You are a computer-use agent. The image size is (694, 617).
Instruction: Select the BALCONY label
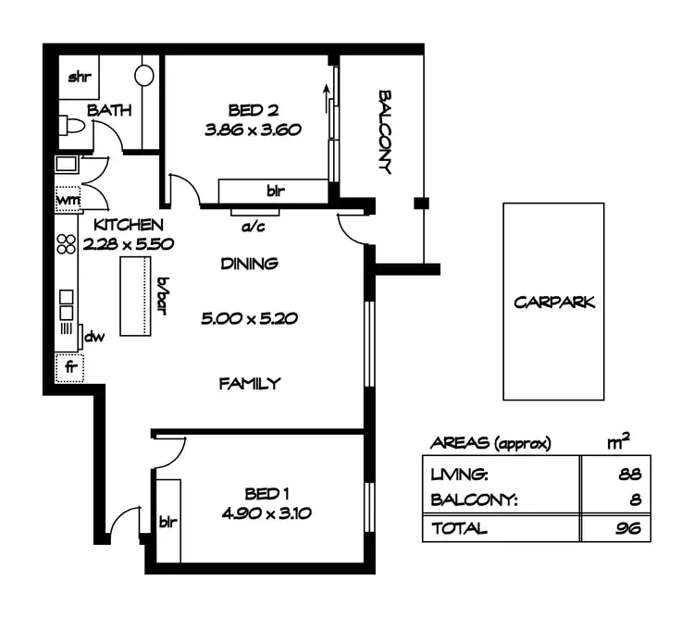click(x=386, y=131)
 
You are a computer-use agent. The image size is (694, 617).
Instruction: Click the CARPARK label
click(x=553, y=302)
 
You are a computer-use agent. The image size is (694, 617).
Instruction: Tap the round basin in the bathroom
click(x=145, y=75)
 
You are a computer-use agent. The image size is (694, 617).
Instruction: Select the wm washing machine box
click(x=68, y=198)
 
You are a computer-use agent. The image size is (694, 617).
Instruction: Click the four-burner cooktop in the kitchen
click(x=67, y=244)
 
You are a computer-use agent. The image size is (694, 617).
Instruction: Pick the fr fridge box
click(x=69, y=366)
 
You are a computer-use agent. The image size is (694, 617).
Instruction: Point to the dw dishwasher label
click(x=93, y=337)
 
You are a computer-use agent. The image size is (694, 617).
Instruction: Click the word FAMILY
click(x=249, y=383)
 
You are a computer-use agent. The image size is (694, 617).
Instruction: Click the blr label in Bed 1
click(x=168, y=520)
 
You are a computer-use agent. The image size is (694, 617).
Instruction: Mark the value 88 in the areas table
click(x=630, y=475)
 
